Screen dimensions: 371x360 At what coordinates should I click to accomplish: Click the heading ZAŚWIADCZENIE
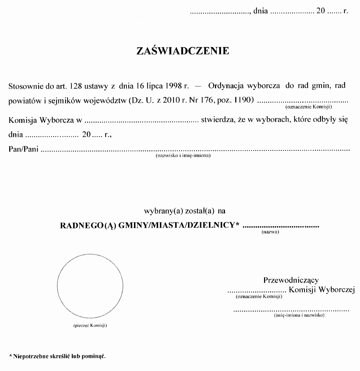click(x=183, y=52)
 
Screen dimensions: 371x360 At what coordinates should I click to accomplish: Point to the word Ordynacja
click(x=226, y=86)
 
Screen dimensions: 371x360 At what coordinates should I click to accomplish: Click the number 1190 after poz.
click(x=245, y=101)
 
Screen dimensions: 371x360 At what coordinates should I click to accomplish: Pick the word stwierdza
click(x=217, y=120)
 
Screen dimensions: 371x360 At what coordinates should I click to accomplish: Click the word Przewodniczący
click(x=291, y=280)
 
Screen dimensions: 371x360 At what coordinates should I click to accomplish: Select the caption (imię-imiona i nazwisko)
click(x=300, y=316)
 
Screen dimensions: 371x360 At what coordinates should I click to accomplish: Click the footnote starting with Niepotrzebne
click(x=58, y=356)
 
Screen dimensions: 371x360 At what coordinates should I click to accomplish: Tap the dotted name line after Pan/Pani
click(x=195, y=150)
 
